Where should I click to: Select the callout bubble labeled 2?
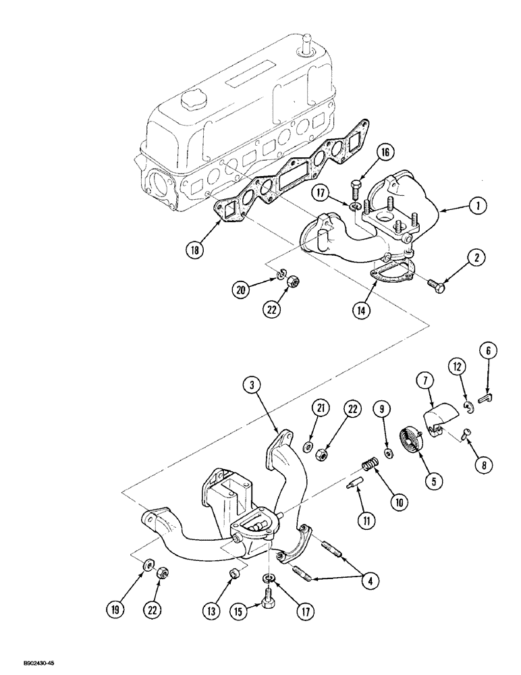point(477,257)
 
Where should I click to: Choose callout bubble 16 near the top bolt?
point(383,153)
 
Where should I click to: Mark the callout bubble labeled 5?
point(434,481)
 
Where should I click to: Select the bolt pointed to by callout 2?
point(436,287)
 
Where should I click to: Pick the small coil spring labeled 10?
point(368,465)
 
